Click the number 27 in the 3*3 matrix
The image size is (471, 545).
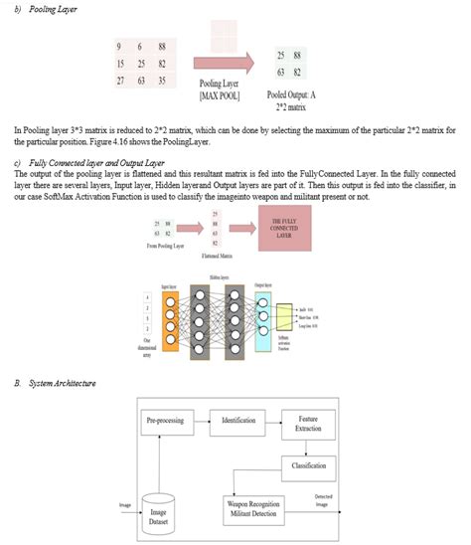(119, 80)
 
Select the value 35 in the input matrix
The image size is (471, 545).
(161, 80)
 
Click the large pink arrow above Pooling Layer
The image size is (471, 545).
(228, 62)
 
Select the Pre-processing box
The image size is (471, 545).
(166, 422)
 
